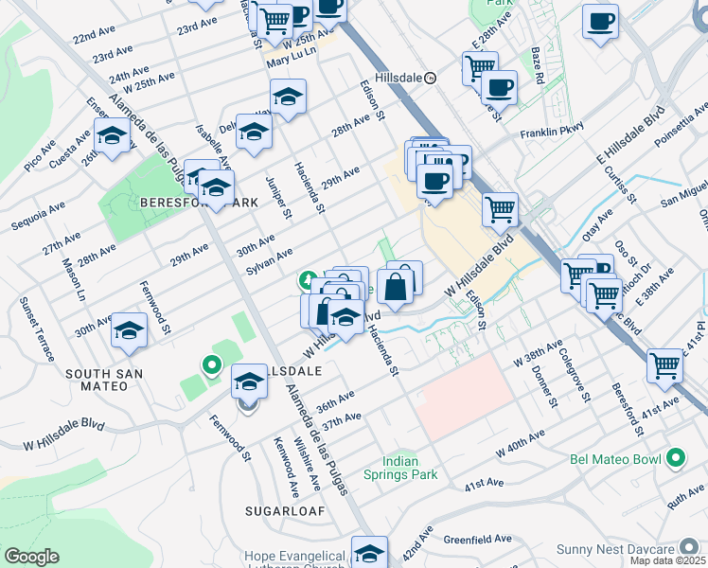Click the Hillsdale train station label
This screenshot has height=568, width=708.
click(398, 79)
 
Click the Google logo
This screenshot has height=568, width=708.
click(31, 557)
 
